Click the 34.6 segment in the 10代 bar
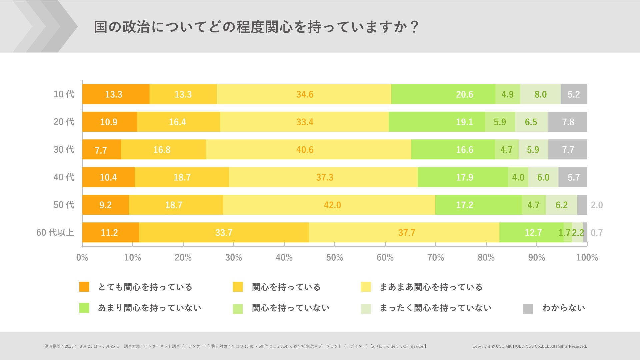click(x=305, y=94)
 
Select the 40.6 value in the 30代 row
click(x=305, y=150)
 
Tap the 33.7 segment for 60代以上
click(x=224, y=233)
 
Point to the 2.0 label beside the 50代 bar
click(x=597, y=205)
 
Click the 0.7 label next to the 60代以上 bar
click(x=597, y=233)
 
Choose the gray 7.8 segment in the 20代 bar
click(x=568, y=122)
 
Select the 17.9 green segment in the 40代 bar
click(x=464, y=177)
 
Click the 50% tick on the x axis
click(x=335, y=258)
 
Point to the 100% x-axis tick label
click(x=587, y=258)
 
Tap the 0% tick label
click(x=82, y=258)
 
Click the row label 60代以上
click(x=55, y=232)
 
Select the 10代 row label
click(x=64, y=94)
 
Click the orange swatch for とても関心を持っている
click(x=84, y=287)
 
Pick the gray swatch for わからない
click(x=528, y=309)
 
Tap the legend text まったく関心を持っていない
click(x=435, y=308)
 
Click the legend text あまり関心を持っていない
click(x=150, y=308)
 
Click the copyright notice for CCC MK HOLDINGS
click(x=529, y=346)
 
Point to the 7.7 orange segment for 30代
click(x=101, y=150)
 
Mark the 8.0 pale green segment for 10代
click(x=540, y=94)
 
